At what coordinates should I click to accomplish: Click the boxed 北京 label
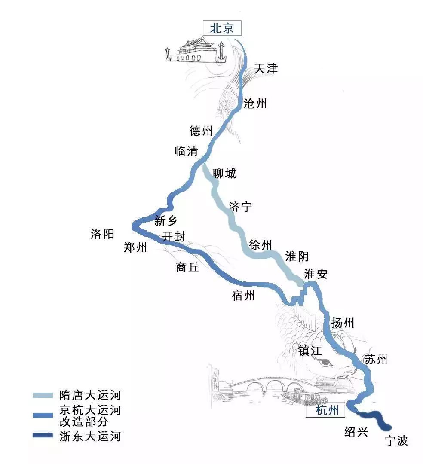tap(222, 28)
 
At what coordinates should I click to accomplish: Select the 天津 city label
tap(266, 69)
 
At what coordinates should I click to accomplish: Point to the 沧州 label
tap(255, 103)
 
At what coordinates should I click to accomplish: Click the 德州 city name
tap(201, 131)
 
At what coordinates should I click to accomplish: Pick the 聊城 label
tap(224, 174)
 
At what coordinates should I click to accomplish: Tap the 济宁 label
tap(240, 207)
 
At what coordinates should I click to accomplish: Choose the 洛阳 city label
tap(102, 234)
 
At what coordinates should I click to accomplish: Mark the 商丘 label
tap(187, 267)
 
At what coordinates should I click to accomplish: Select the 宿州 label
tap(243, 296)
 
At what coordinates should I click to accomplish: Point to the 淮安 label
tap(316, 274)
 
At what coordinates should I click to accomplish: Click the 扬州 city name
tap(343, 323)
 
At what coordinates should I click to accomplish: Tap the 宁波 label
tap(396, 440)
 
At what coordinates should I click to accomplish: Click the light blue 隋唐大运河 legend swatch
tap(42, 395)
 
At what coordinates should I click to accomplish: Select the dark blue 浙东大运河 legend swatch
tap(42, 436)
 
